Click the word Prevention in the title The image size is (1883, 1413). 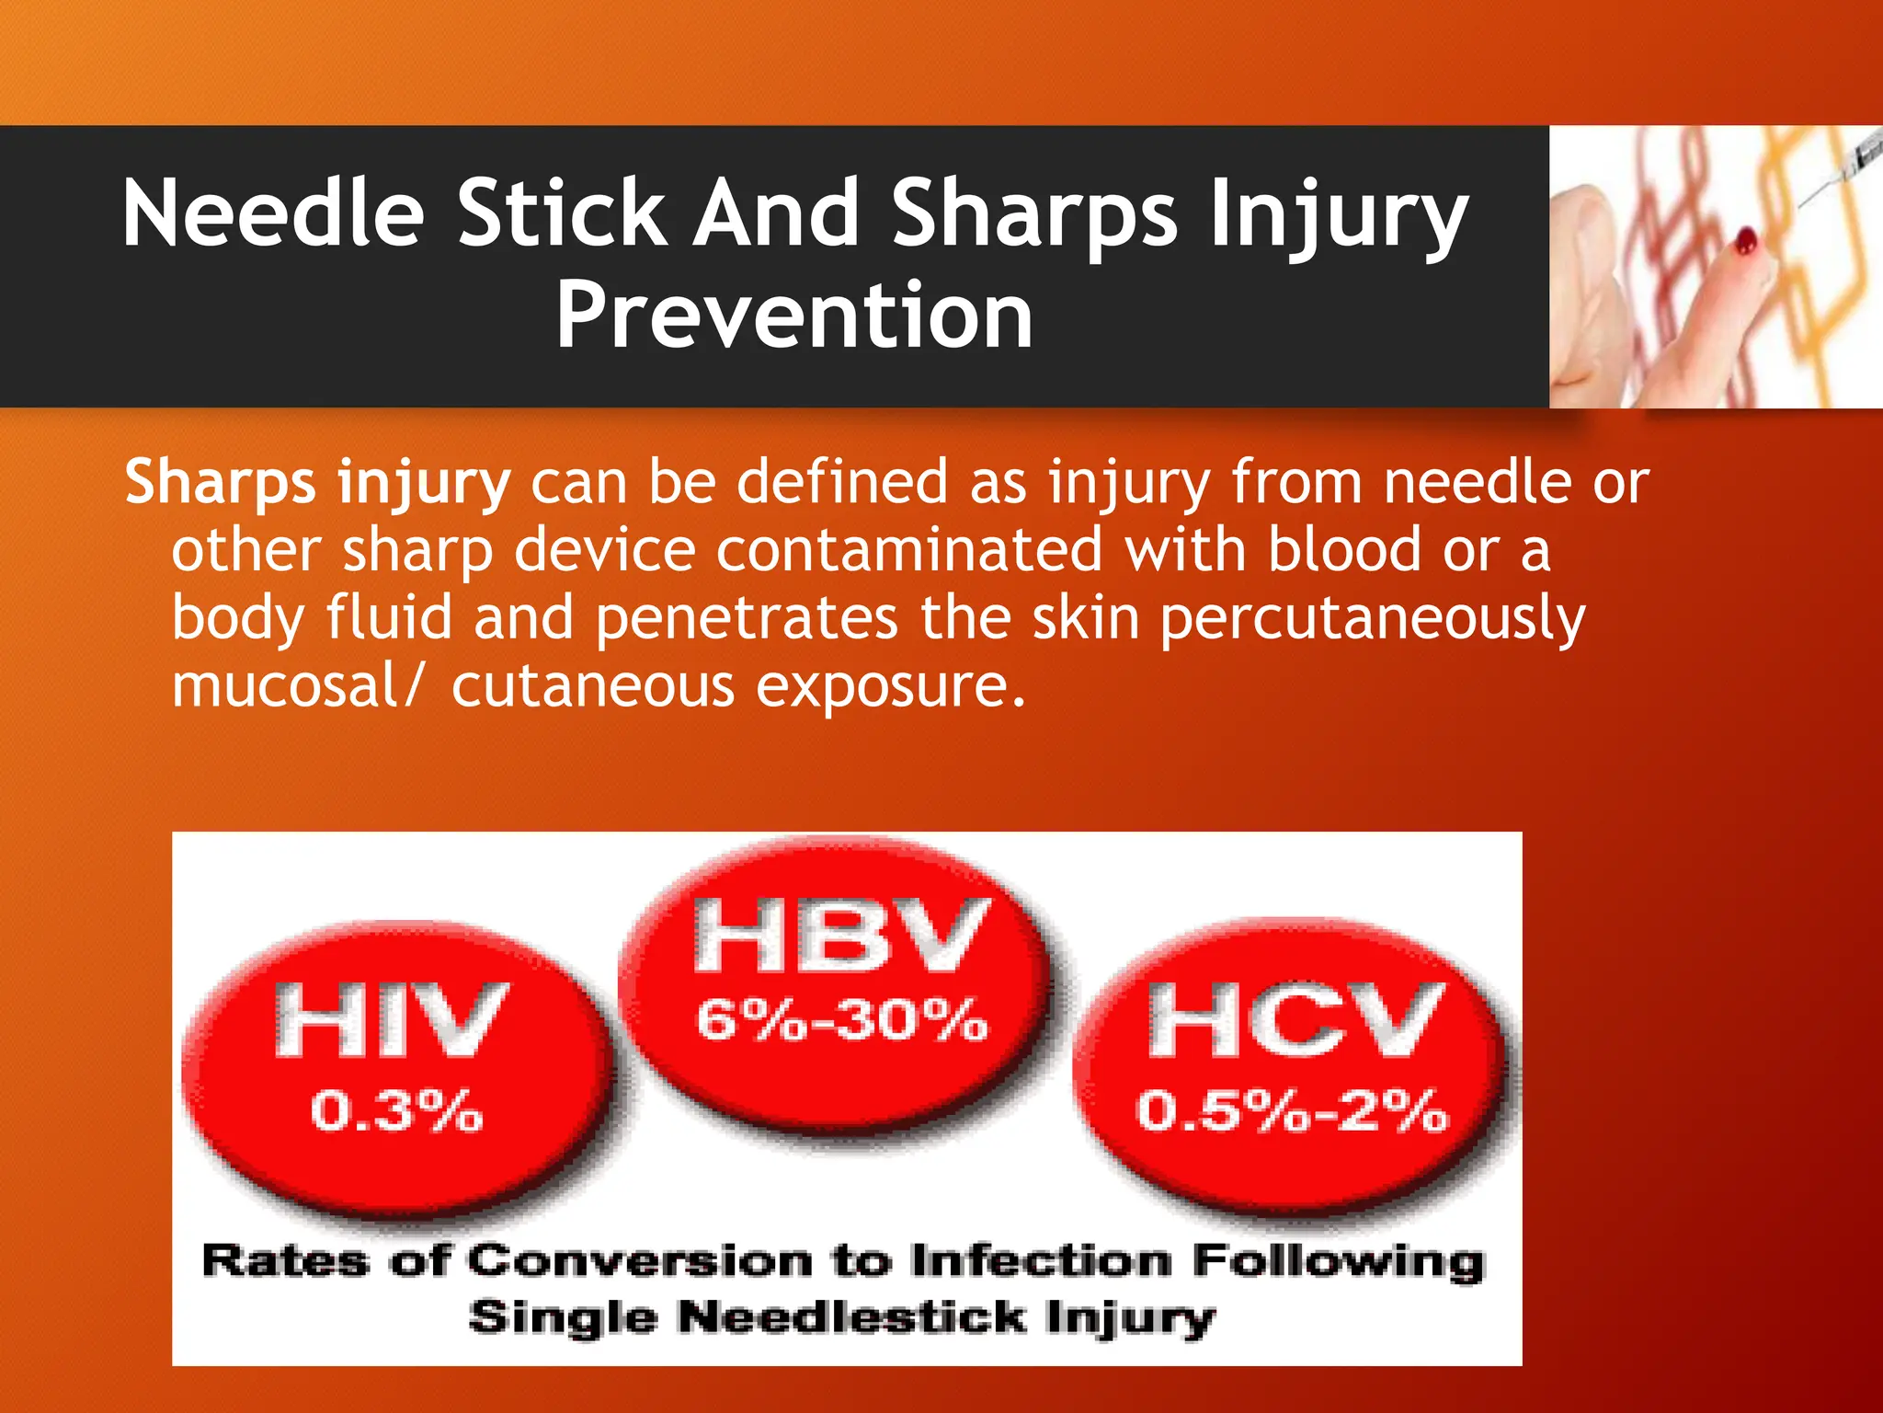pos(794,316)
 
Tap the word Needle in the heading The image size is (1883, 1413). pos(273,213)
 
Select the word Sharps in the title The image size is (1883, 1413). pos(1033,213)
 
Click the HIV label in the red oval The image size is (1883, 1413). pos(391,1019)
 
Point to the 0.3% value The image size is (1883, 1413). pos(396,1110)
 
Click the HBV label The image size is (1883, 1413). pos(841,936)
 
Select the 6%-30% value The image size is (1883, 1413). pos(841,1020)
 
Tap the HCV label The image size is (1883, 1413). pos(1295,1019)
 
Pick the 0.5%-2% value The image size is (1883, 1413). pos(1292,1110)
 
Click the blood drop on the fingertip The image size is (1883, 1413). pos(1744,242)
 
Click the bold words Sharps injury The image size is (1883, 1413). pos(317,482)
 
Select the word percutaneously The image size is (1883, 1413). pos(1372,618)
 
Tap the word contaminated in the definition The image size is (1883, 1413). pos(908,550)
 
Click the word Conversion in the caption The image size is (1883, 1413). pos(640,1261)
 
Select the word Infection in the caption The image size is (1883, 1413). pos(1041,1261)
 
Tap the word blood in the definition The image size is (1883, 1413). pos(1344,550)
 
